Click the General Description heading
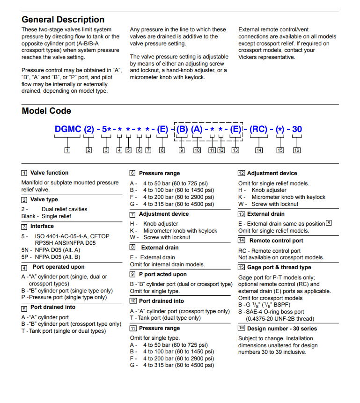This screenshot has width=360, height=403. pyautogui.click(x=63, y=20)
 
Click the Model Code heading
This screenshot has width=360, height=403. pyautogui.click(x=46, y=111)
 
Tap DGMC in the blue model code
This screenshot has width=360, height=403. pyautogui.click(x=68, y=129)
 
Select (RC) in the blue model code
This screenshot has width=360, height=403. pyautogui.click(x=258, y=129)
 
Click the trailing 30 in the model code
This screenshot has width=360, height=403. pyautogui.click(x=297, y=129)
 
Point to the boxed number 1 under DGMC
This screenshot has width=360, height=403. pyautogui.click(x=67, y=150)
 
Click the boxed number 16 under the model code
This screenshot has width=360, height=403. pyautogui.click(x=297, y=150)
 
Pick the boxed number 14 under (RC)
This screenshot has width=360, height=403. pyautogui.click(x=259, y=150)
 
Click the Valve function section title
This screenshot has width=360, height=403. pyautogui.click(x=49, y=173)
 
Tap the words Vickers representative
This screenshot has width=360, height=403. pyautogui.click(x=267, y=57)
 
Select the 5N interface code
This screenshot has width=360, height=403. pyautogui.click(x=25, y=250)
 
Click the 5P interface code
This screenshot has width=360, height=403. pyautogui.click(x=25, y=257)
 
